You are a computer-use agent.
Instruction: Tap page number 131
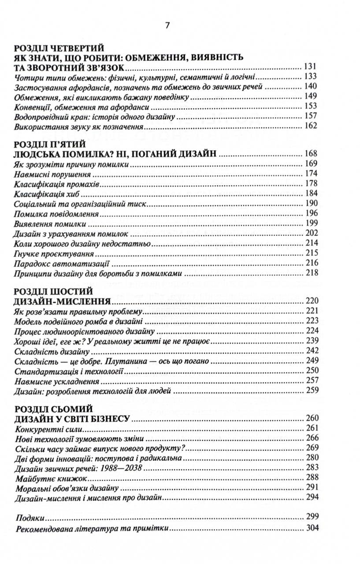point(311,67)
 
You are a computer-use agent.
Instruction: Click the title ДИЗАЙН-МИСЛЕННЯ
point(62,302)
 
